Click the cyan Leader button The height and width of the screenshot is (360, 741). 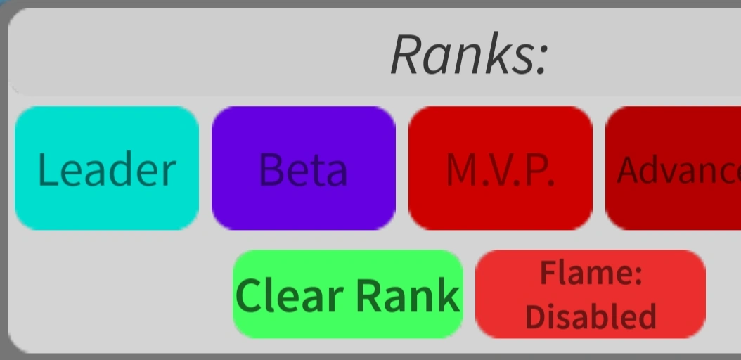pos(107,169)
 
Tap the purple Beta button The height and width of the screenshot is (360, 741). pos(303,169)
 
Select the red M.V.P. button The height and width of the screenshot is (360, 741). pos(500,169)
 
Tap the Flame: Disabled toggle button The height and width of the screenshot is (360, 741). pos(591,295)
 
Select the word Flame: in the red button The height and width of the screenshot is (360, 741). pos(591,274)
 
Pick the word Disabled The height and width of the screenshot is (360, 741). pos(591,316)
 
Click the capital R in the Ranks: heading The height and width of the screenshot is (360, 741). pos(407,54)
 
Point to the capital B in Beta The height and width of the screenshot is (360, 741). pos(271,169)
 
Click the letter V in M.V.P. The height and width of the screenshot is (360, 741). pos(504,169)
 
